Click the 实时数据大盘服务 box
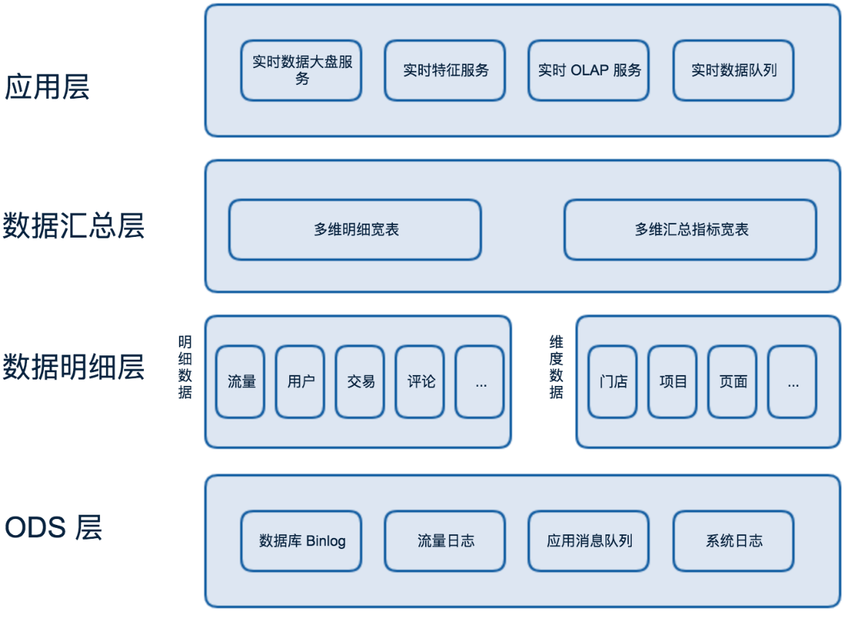(x=301, y=70)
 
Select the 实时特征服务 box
(x=445, y=70)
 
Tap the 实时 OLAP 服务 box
(x=589, y=70)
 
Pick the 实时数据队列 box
(x=733, y=70)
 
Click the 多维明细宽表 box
(x=355, y=230)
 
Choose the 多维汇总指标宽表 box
(x=690, y=230)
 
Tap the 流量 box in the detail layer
(x=240, y=382)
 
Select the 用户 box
(x=300, y=382)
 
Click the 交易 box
(x=360, y=382)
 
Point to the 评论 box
(x=420, y=382)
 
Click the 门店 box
(x=613, y=382)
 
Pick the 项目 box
(x=673, y=382)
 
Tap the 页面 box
(x=733, y=382)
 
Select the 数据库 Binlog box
(x=301, y=541)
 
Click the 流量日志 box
(x=445, y=541)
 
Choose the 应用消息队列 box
(x=589, y=541)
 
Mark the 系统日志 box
(x=733, y=541)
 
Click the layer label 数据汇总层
(x=74, y=226)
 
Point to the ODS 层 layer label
(x=53, y=527)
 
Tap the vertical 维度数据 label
(x=557, y=367)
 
